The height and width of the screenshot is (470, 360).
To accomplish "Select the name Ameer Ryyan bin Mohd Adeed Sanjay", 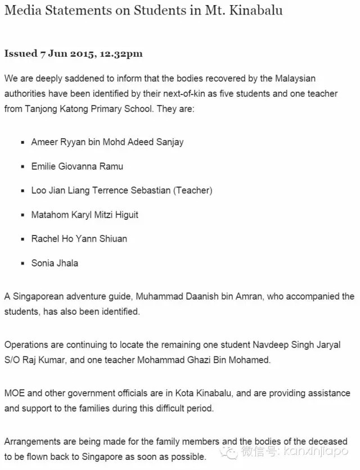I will (107, 142).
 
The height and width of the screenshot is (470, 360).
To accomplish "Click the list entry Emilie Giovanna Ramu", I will (77, 166).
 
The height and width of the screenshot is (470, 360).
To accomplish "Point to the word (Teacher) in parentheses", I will (193, 191).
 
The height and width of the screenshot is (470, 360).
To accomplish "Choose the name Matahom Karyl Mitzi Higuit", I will (85, 215).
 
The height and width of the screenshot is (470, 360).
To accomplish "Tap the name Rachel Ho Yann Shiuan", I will (79, 239).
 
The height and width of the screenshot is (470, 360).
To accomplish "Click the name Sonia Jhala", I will (55, 263).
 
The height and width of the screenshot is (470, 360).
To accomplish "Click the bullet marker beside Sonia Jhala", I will (22, 263).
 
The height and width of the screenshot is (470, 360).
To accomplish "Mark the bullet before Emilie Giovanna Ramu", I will (22, 166).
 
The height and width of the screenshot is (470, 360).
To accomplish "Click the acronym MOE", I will (15, 394).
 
